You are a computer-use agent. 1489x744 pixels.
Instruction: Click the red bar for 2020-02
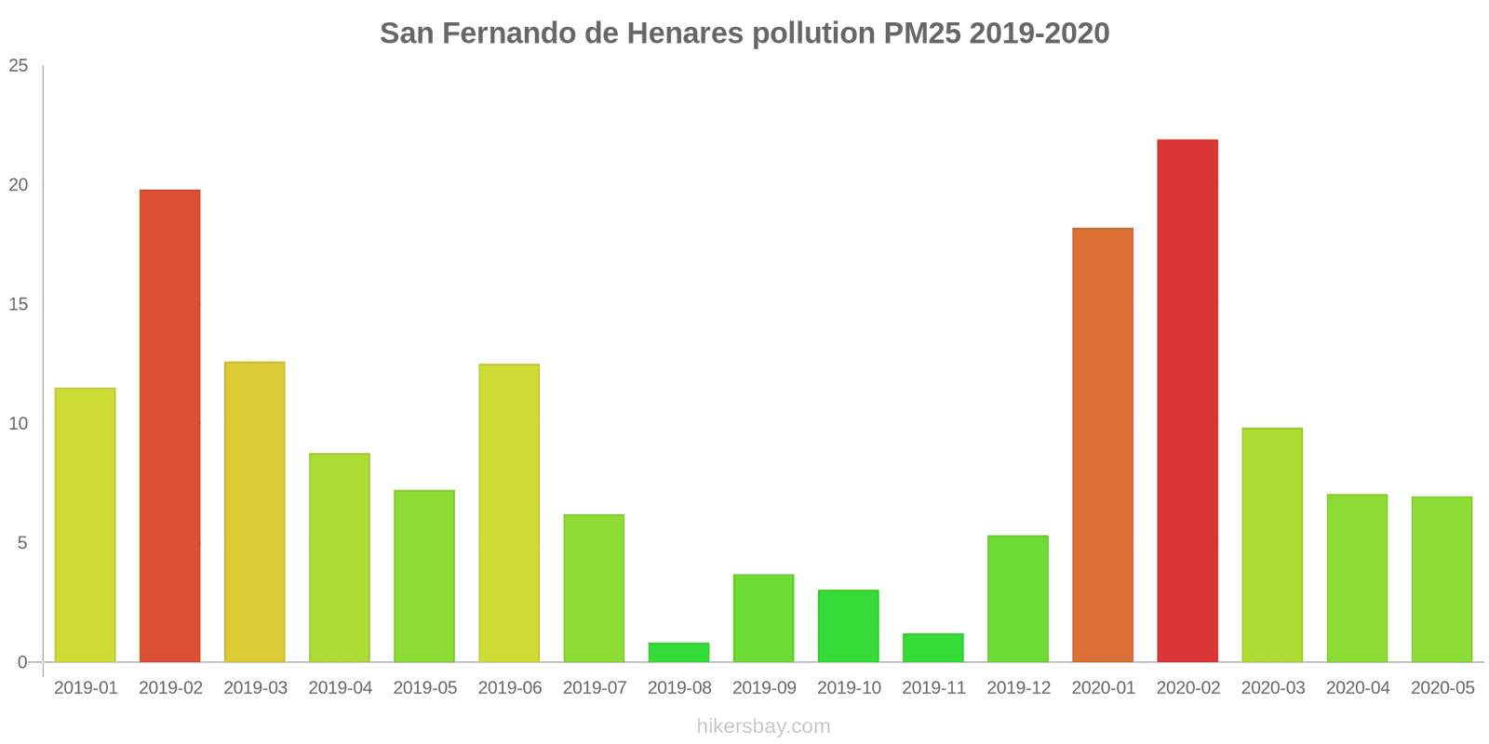[x=1187, y=401]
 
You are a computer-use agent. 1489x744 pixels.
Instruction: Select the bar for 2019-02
[x=170, y=426]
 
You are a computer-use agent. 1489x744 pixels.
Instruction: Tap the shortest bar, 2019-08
[x=678, y=653]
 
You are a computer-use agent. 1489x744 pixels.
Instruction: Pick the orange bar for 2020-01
[x=1103, y=445]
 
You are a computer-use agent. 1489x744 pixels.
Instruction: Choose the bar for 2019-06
[x=509, y=513]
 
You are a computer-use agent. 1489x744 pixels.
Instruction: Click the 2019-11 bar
[x=933, y=648]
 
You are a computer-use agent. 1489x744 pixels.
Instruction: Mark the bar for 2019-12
[x=1018, y=599]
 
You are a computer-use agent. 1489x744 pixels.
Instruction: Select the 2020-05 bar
[x=1442, y=579]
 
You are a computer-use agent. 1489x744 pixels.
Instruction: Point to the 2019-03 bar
[x=255, y=511]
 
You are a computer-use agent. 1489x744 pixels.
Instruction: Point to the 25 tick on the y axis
[x=19, y=66]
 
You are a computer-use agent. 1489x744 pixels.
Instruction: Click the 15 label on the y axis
[x=19, y=305]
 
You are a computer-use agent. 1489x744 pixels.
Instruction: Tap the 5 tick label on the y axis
[x=22, y=543]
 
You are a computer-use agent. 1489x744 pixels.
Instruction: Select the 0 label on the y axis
[x=22, y=662]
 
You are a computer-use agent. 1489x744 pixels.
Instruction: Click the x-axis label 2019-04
[x=340, y=688]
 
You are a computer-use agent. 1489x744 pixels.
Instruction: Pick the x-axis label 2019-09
[x=764, y=688]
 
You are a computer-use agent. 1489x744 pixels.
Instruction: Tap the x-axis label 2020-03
[x=1273, y=688]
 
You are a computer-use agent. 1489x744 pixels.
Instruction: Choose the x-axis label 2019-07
[x=595, y=688]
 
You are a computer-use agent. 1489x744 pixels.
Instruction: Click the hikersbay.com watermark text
[x=763, y=726]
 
